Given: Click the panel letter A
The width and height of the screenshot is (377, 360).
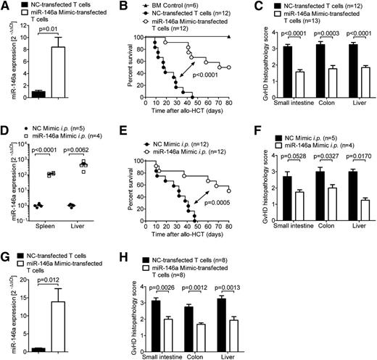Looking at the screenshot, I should click(6, 6).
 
